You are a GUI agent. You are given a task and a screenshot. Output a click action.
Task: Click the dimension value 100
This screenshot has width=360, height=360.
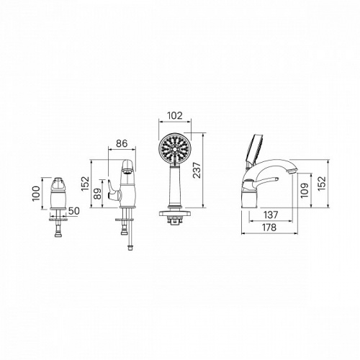click(x=36, y=194)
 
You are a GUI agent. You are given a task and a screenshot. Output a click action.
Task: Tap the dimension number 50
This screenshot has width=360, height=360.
click(x=73, y=211)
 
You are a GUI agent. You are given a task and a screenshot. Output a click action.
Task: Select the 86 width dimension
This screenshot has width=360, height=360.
click(x=122, y=143)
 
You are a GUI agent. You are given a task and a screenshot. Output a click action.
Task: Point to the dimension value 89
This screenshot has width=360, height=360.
click(x=97, y=194)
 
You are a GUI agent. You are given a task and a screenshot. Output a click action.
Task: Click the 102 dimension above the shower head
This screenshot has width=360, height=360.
click(x=174, y=115)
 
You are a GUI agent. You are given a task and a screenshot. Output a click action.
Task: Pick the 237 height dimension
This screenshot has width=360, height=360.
click(x=197, y=170)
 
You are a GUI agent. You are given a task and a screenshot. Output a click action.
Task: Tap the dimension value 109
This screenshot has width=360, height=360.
click(x=305, y=190)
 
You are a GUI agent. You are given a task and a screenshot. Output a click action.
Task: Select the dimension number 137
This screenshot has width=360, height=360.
click(x=271, y=215)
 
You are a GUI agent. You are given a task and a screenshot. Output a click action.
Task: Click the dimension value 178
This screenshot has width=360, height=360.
click(x=269, y=228)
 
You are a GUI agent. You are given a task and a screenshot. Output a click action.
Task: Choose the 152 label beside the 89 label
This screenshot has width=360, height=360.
click(x=85, y=184)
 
